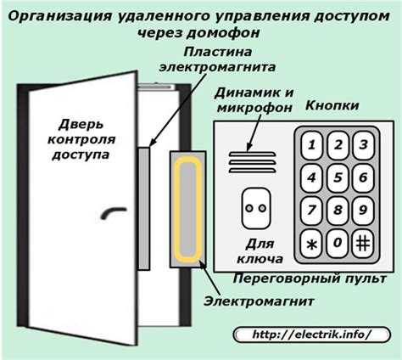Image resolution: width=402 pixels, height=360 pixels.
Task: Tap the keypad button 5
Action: (337, 177)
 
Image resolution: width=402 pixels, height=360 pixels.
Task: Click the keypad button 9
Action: (364, 209)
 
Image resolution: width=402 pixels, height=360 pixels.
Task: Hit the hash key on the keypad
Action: (364, 243)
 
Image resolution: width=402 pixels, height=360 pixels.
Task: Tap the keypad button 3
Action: (364, 144)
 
